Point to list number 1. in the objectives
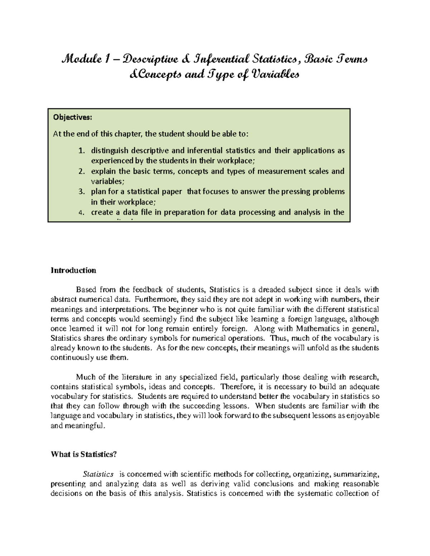82,151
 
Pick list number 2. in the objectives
82,171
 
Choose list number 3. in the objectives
82,192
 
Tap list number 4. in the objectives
82,212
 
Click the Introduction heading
73,270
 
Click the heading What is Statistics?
84,454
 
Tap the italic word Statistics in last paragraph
98,474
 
